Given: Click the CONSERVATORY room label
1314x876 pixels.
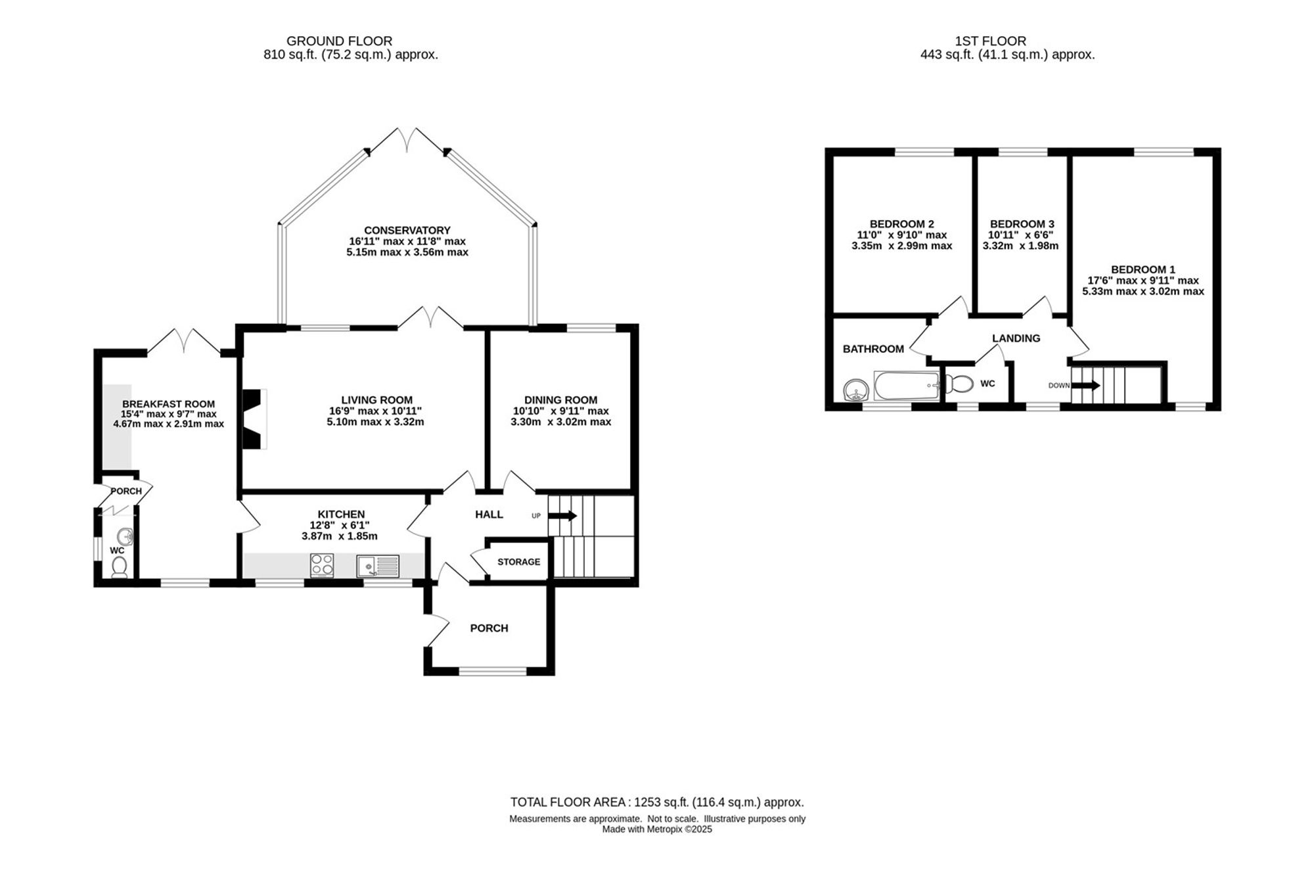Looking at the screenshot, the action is (x=407, y=230).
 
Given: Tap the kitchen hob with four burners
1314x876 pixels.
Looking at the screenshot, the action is (x=322, y=565).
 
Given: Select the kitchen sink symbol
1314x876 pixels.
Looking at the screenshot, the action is (x=378, y=566).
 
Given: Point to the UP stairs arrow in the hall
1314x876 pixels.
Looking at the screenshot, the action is (x=562, y=516).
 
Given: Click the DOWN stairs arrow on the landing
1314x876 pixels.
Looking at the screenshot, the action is (x=1085, y=385).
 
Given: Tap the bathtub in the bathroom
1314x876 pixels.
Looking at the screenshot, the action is (x=907, y=385).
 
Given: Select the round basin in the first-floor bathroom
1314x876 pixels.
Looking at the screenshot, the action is (x=856, y=390).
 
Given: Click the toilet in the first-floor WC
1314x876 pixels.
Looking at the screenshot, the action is (x=960, y=383).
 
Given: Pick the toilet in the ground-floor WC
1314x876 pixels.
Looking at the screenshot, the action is (x=119, y=566).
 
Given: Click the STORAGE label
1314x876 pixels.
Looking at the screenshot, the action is (x=519, y=562).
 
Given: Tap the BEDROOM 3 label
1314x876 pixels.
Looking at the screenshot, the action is (x=1022, y=224).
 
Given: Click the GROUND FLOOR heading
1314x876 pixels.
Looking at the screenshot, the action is (x=340, y=41).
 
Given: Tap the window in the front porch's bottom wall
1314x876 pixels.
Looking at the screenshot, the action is (x=493, y=671).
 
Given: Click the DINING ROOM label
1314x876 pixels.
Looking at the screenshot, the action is (x=561, y=400).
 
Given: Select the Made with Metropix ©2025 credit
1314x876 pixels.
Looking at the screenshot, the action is (x=657, y=829).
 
